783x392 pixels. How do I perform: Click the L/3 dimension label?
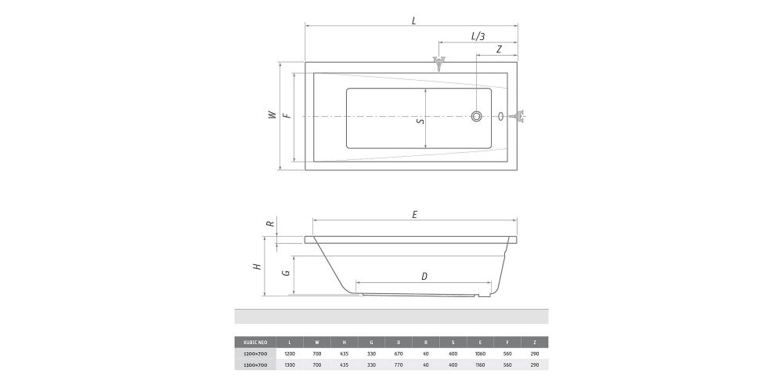[478, 36]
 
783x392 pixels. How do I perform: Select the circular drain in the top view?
[477, 117]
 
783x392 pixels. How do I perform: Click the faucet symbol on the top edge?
[438, 63]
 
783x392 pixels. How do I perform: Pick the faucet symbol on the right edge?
[519, 118]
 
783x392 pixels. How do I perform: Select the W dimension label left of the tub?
[272, 114]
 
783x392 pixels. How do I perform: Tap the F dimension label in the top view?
[287, 115]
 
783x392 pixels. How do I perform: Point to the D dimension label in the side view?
[424, 276]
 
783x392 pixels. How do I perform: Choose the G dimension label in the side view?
[287, 274]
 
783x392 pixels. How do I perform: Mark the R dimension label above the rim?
[270, 223]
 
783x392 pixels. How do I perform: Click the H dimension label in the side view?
[257, 267]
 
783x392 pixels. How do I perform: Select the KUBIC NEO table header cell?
[256, 342]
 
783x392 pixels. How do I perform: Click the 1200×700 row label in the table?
[256, 354]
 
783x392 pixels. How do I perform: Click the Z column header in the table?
[534, 342]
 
